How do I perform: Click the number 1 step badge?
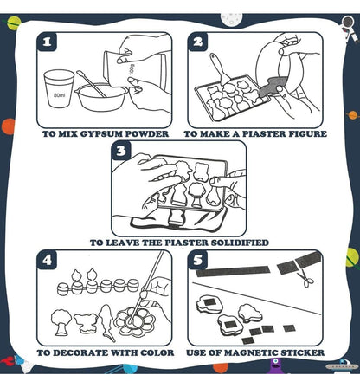[x=47, y=42]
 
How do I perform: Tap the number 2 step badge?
[x=198, y=42]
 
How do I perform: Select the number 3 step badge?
[x=122, y=151]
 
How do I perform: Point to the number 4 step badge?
[x=47, y=260]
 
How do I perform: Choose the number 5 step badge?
[x=198, y=260]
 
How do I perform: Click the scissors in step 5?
[x=307, y=278]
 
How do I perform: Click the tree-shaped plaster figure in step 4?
[x=62, y=322]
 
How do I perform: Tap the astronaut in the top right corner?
[x=348, y=29]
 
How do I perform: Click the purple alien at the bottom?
[x=275, y=367]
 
